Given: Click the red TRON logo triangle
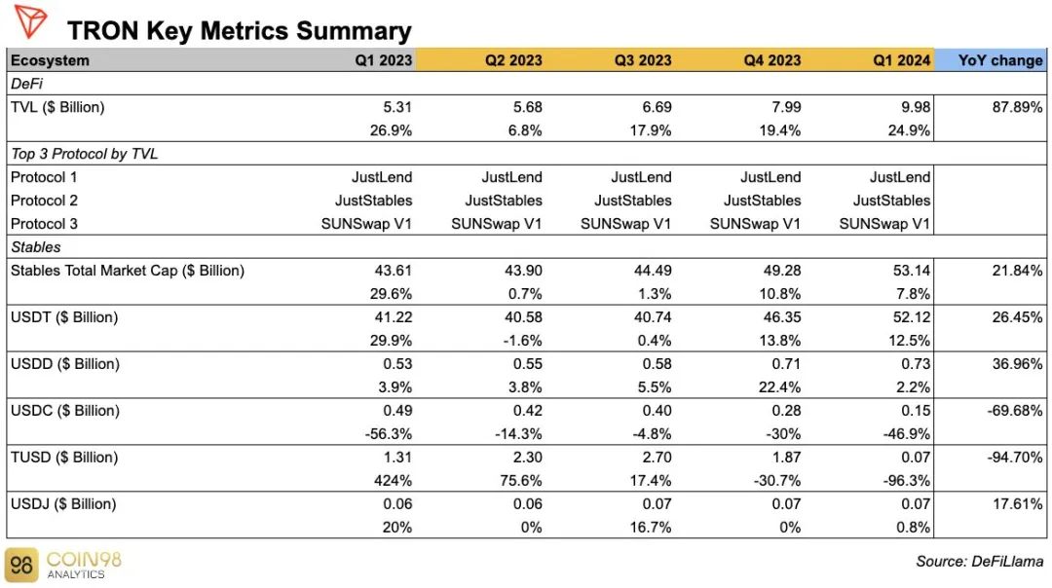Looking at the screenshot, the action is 30,19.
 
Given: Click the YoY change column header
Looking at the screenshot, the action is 1000,60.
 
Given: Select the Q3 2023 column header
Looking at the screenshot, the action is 643,60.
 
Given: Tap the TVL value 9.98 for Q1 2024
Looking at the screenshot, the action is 915,107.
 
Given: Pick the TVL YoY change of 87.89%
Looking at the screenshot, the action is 1017,107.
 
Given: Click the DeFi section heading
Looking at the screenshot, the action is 27,84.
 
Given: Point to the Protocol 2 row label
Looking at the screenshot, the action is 44,201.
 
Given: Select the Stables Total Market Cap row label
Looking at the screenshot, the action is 128,271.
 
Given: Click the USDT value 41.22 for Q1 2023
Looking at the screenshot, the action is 394,317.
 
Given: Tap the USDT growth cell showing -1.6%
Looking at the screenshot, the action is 523,341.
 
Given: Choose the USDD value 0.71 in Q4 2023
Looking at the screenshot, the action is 786,364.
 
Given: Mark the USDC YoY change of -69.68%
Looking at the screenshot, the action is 1015,410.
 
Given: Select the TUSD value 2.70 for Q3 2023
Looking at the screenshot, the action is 657,458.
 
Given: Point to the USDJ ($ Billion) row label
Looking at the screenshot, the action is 63,504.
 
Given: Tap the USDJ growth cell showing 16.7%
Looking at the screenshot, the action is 650,528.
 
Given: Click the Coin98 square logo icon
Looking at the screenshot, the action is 21,566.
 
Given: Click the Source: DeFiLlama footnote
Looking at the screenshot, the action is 980,562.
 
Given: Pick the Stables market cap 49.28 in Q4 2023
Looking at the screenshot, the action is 782,271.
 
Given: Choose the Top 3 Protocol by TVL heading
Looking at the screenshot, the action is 85,154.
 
